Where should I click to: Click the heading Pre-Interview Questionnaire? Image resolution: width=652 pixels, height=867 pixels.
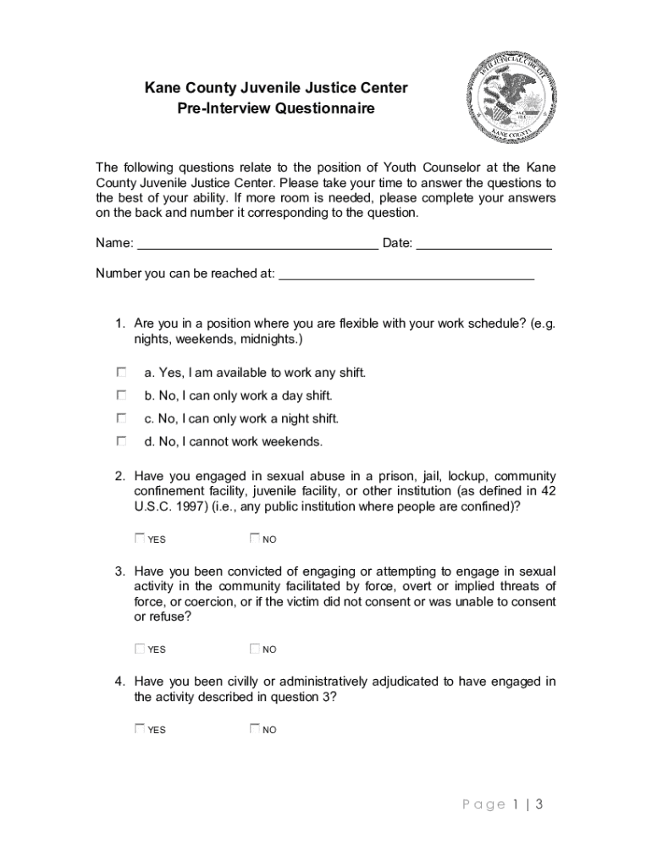275,108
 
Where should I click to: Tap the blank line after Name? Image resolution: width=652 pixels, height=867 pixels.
257,245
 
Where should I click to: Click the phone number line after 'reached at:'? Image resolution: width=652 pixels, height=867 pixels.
406,274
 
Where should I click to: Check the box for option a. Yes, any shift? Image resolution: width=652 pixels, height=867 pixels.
122,372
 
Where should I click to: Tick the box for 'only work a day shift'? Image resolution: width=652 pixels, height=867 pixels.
122,395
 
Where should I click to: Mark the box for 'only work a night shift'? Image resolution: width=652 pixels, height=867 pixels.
122,418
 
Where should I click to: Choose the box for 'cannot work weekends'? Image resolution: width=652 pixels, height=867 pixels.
122,441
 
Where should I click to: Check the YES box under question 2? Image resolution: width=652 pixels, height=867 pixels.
140,538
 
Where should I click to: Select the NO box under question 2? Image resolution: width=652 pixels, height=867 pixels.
255,538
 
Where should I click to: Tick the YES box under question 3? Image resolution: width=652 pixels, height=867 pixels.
140,649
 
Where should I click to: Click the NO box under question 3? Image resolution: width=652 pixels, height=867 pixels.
255,649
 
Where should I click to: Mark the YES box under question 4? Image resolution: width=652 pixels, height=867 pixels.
140,728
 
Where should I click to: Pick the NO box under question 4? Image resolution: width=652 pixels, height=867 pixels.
255,728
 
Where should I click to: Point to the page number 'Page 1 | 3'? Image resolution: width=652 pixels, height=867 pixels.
502,804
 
